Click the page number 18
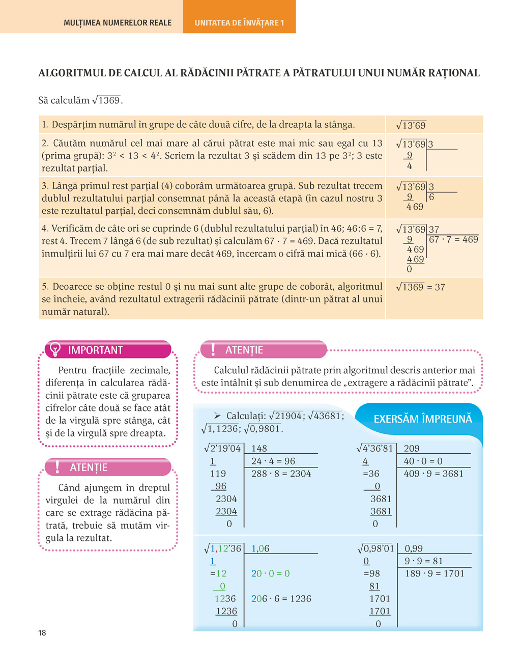point(42,632)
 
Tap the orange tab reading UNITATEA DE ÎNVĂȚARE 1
point(239,22)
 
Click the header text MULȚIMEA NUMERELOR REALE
point(118,22)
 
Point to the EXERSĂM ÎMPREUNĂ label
point(423,419)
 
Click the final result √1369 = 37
point(420,287)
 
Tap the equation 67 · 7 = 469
point(454,239)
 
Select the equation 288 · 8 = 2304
point(281,474)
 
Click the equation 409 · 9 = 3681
point(433,474)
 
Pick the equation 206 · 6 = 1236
point(281,599)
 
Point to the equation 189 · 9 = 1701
point(435,573)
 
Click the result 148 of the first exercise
point(259,449)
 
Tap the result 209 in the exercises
point(412,449)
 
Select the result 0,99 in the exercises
point(414,548)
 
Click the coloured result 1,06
point(260,548)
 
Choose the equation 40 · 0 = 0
point(423,461)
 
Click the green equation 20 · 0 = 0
point(270,573)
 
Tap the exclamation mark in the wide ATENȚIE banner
point(213,349)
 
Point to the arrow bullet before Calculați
point(217,416)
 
